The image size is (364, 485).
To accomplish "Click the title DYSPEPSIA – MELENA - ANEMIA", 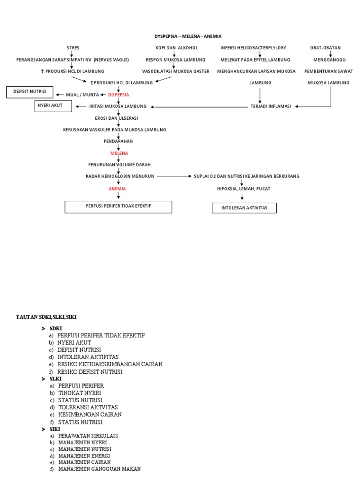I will (x=188, y=36).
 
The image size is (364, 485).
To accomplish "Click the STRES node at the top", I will (x=73, y=48).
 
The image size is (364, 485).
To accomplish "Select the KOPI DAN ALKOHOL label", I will (x=177, y=48).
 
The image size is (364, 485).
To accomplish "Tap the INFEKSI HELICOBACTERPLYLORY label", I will (x=253, y=48).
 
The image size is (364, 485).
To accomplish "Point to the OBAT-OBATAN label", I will (x=325, y=48).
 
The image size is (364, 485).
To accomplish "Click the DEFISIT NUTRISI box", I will (x=30, y=92).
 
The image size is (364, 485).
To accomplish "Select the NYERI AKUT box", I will (x=53, y=106).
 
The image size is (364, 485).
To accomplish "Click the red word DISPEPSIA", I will (x=118, y=95).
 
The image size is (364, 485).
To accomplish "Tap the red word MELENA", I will (x=119, y=153).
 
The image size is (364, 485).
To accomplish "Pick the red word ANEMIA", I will (x=118, y=189).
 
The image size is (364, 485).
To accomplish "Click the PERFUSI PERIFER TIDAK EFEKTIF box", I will (x=118, y=207).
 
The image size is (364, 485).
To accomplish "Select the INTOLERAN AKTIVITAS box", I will (x=244, y=208).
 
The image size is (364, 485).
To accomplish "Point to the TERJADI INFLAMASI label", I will (x=270, y=107).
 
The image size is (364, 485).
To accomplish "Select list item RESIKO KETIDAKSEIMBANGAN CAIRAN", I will (x=110, y=364).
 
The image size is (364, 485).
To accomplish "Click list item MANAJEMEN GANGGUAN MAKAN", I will (x=100, y=469).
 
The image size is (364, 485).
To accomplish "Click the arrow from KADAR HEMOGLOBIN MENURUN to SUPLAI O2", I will (x=173, y=176).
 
